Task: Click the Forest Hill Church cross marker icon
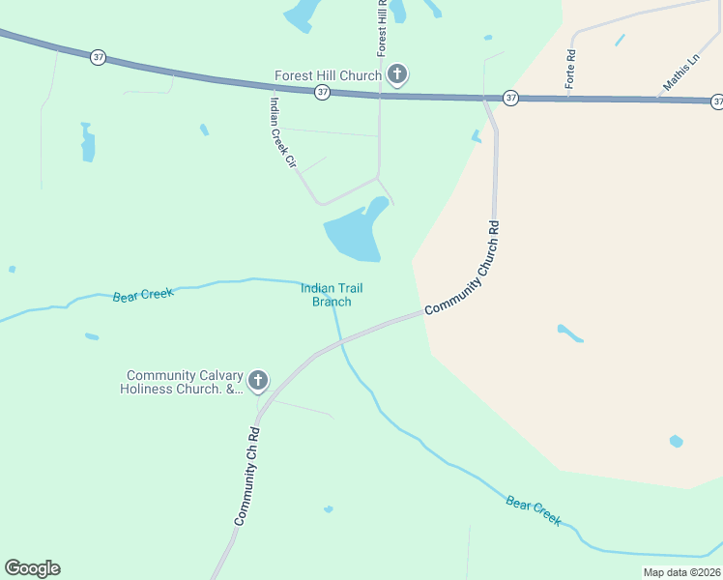[396, 74]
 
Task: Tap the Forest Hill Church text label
[328, 74]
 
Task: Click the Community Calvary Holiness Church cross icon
[257, 381]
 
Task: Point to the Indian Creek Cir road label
[282, 133]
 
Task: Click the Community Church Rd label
[463, 268]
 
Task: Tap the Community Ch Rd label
[247, 477]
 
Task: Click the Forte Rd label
[571, 70]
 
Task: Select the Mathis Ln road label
[681, 73]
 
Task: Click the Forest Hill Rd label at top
[383, 26]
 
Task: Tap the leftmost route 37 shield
[98, 58]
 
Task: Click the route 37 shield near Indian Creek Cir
[323, 92]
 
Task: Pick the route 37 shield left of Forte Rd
[509, 98]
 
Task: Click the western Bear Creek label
[142, 295]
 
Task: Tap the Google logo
[32, 568]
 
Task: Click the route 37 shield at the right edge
[717, 101]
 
